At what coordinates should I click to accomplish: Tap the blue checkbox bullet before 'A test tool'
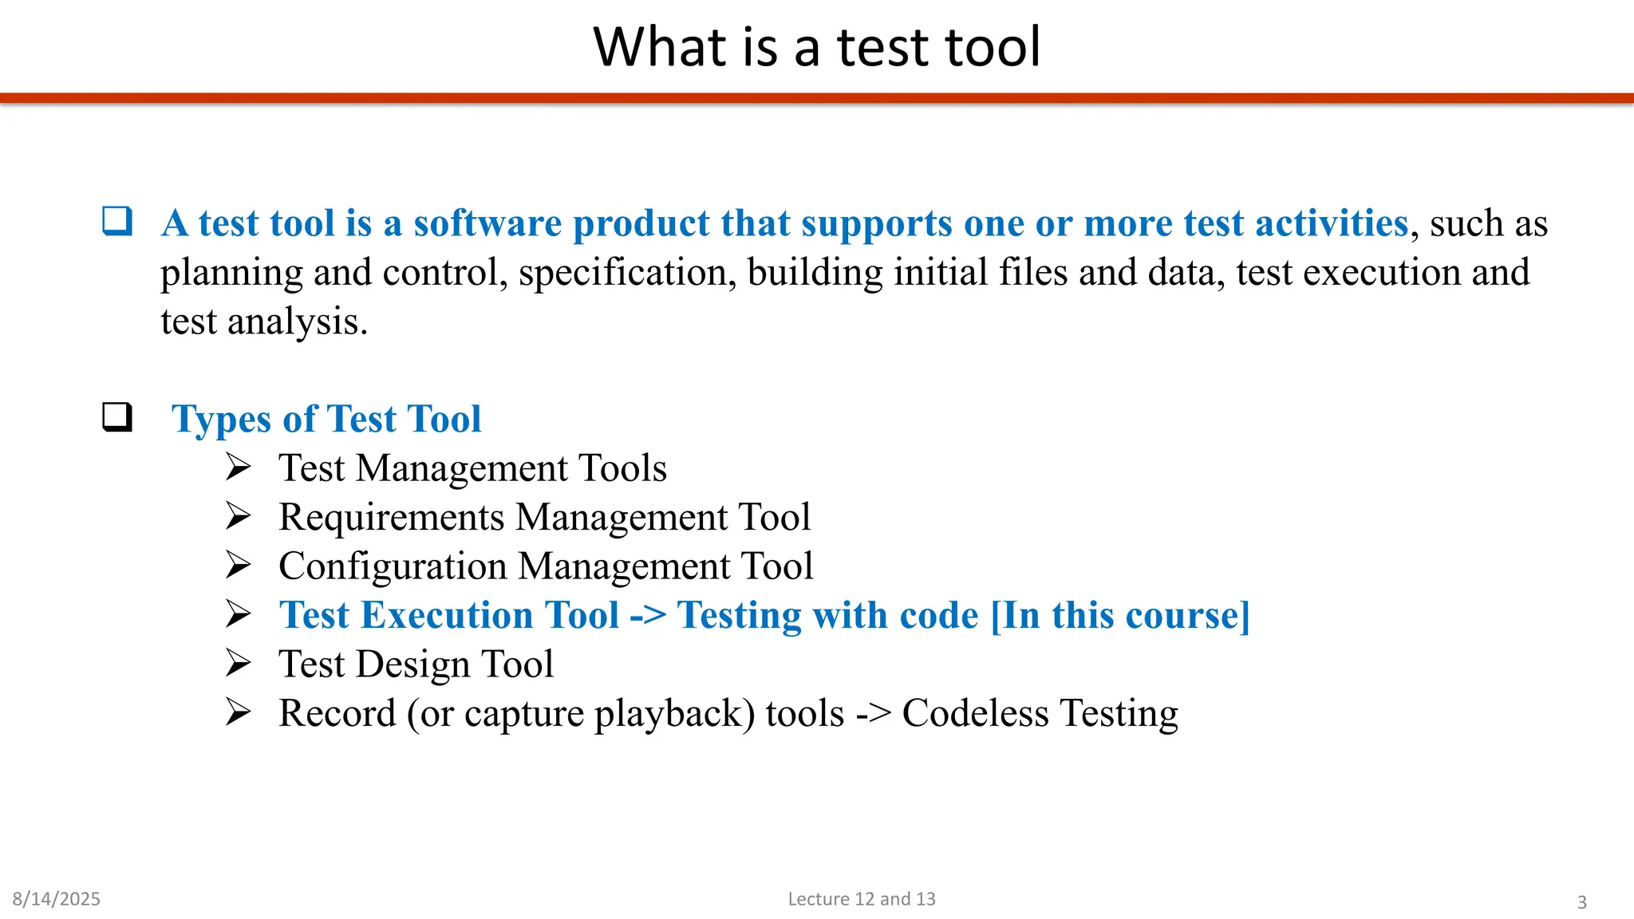click(117, 221)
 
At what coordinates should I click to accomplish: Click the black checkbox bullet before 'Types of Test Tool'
click(117, 416)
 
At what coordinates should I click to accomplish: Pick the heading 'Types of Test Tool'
click(326, 419)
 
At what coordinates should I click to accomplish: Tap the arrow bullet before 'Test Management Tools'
click(238, 467)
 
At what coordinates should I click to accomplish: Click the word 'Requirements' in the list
click(392, 517)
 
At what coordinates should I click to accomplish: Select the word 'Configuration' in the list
click(393, 566)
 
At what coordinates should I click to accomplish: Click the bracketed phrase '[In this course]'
click(1119, 615)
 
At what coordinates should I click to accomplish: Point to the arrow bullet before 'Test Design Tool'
click(238, 663)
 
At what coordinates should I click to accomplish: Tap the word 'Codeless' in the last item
click(975, 713)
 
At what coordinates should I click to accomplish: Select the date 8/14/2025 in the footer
click(57, 899)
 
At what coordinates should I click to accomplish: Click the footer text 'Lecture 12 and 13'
click(861, 899)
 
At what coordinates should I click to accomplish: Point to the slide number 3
click(1581, 902)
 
